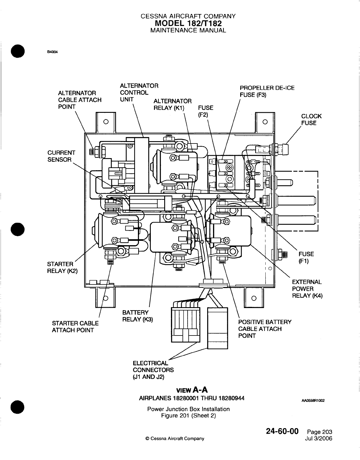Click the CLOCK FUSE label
point(311,120)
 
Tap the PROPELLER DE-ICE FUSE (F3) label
point(267,91)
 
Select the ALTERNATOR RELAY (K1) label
point(172,105)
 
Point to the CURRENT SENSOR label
point(61,156)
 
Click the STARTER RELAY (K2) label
point(62,267)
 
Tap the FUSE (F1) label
point(306,257)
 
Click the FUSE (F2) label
point(205,111)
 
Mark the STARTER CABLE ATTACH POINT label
point(75,327)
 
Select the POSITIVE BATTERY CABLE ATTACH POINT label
point(265,329)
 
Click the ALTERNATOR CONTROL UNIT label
point(139,93)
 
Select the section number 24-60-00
point(282,432)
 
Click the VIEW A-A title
point(192,390)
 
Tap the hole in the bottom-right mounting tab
point(254,298)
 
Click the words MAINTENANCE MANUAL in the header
point(188,30)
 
